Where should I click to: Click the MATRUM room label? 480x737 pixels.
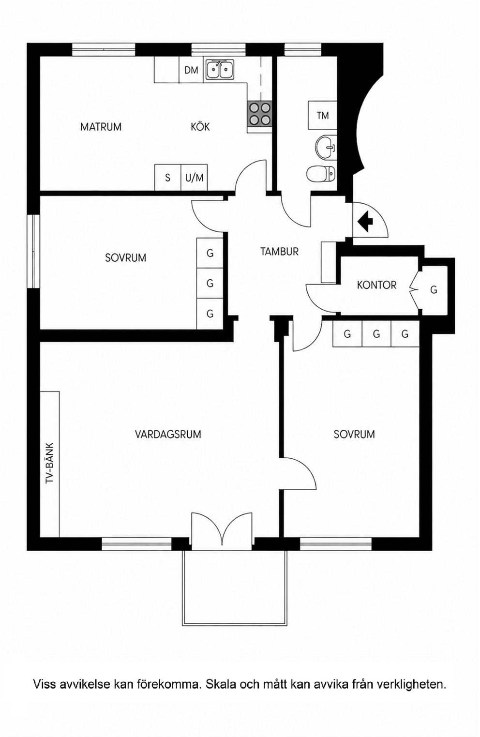click(101, 127)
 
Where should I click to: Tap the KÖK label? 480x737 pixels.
click(200, 126)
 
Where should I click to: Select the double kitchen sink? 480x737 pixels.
click(220, 69)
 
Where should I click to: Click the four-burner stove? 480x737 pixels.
click(259, 114)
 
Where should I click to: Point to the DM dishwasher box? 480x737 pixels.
click(191, 70)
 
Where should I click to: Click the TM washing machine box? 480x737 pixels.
click(323, 116)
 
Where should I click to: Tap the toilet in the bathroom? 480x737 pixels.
click(321, 173)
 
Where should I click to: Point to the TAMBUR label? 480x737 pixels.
click(279, 252)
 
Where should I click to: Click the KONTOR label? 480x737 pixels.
click(377, 285)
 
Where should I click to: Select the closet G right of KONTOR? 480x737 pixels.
click(434, 290)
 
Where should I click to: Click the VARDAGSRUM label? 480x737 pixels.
click(168, 434)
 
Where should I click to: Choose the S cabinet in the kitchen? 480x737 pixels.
click(168, 178)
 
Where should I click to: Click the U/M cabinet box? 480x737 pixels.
click(194, 178)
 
